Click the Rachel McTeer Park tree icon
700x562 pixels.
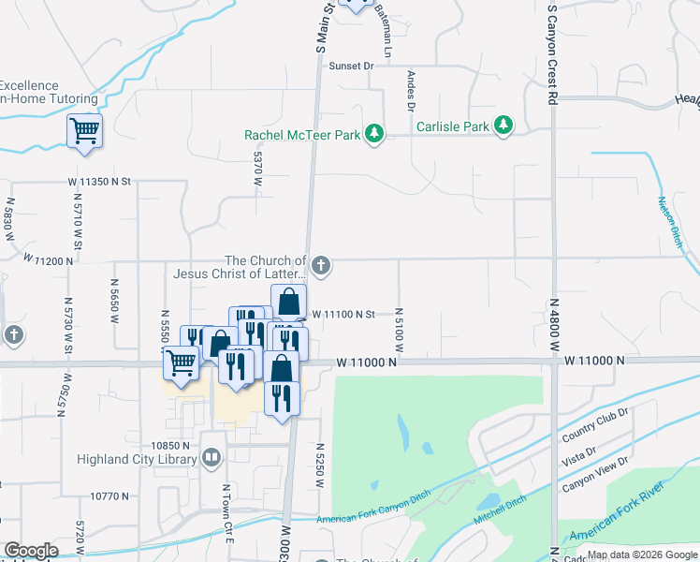tap(374, 134)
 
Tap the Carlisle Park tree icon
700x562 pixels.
tap(504, 126)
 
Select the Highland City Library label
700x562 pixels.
tap(139, 459)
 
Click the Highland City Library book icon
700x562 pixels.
tap(211, 458)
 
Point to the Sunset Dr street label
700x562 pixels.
tap(351, 67)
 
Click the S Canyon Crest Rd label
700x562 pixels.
tap(552, 52)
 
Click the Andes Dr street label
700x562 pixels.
tap(410, 92)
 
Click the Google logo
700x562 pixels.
tap(31, 551)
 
